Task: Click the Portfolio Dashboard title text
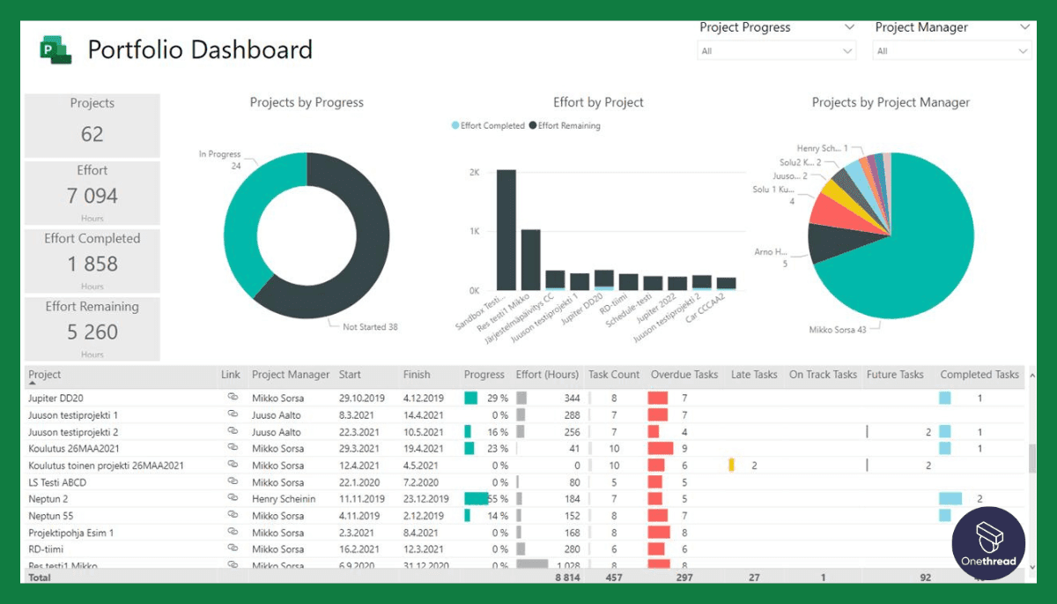[x=200, y=49]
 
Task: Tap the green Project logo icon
[x=55, y=49]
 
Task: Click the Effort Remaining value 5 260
[x=92, y=332]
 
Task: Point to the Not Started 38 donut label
[x=370, y=327]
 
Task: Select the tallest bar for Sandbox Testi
[x=506, y=229]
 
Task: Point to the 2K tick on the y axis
[x=474, y=173]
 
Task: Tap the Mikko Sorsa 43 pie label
[x=838, y=330]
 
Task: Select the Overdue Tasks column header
[x=684, y=375]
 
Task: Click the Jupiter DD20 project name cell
[x=55, y=399]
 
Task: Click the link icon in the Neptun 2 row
[x=233, y=498]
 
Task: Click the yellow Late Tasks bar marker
[x=731, y=466]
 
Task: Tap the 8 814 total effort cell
[x=567, y=578]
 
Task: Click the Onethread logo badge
[x=988, y=542]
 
